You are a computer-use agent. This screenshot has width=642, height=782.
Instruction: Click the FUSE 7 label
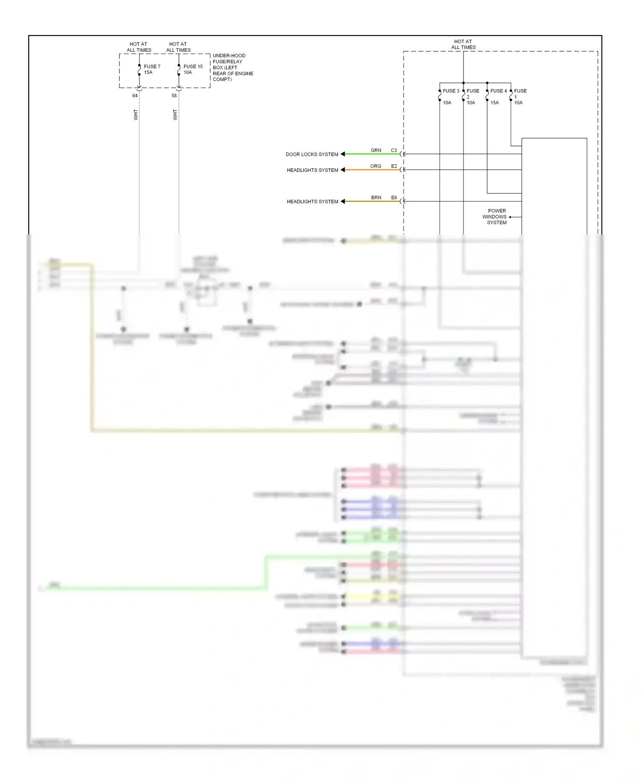click(152, 67)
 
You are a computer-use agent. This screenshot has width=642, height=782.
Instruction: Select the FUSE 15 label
click(193, 67)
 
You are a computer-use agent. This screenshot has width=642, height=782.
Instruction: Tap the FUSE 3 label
click(451, 91)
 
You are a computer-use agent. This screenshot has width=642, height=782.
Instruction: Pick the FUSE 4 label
click(498, 91)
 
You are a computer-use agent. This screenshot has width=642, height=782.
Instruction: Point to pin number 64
click(135, 96)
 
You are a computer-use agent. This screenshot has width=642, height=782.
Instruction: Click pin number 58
click(174, 96)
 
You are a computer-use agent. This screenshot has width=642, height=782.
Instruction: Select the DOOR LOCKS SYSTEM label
click(312, 154)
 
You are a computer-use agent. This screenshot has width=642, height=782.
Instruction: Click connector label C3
click(394, 151)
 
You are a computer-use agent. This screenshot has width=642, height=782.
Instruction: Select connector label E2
click(394, 166)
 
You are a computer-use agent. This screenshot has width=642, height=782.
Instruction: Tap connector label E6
click(394, 198)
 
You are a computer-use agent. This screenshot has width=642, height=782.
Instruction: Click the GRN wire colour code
click(376, 151)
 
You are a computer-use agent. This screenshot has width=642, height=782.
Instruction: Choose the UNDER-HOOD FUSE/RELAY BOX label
click(232, 68)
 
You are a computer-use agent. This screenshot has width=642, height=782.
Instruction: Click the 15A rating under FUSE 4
click(494, 103)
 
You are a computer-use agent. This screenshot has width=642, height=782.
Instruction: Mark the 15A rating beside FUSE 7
click(148, 73)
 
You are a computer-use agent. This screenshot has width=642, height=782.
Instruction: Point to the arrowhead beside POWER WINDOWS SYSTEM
click(510, 217)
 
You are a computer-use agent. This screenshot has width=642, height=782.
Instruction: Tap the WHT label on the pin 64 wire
click(136, 115)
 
